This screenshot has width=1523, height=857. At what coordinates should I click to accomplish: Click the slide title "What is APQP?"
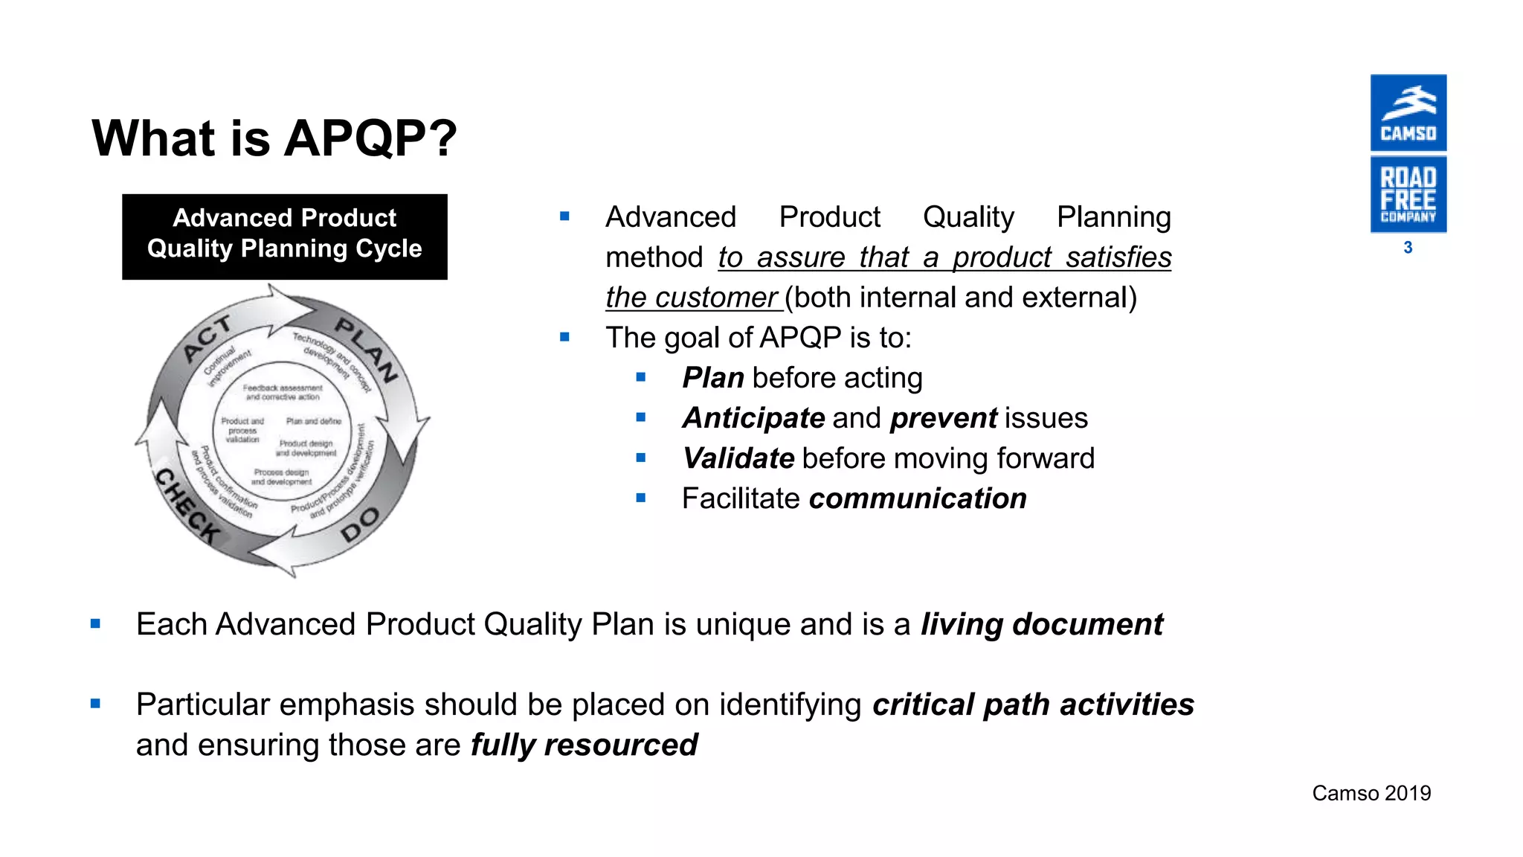tap(274, 138)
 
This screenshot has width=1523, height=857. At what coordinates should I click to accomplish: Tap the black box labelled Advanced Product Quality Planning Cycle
tap(284, 237)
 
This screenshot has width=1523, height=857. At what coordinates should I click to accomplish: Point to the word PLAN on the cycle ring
tap(366, 350)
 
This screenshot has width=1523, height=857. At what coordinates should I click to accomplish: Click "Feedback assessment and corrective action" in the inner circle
tap(283, 392)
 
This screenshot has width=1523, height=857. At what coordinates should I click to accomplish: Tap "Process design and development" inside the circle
tap(281, 477)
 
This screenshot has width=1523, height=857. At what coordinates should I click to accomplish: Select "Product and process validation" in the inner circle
tap(242, 430)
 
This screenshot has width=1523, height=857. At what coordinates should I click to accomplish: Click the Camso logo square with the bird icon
tap(1408, 113)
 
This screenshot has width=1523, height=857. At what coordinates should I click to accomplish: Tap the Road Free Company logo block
tap(1408, 194)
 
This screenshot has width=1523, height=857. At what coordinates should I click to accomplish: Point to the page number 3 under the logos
tap(1408, 248)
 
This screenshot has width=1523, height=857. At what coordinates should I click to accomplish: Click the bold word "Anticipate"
tap(753, 418)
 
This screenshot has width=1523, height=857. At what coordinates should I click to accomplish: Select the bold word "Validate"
tap(738, 458)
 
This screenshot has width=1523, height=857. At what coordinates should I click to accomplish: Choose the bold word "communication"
tap(918, 498)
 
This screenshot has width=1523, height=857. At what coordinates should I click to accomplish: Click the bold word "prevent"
tap(943, 418)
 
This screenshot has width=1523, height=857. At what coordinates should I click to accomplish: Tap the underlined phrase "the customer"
tap(692, 298)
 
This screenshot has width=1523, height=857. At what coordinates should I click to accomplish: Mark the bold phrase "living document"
tap(1041, 624)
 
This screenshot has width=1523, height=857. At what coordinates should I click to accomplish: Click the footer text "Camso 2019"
tap(1371, 793)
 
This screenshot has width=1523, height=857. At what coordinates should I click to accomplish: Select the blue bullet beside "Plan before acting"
tap(641, 378)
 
